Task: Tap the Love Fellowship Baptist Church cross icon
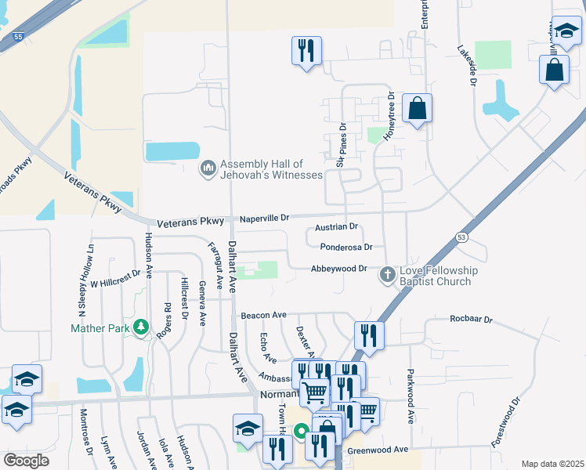tap(387, 275)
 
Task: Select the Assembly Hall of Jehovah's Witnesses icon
tap(208, 169)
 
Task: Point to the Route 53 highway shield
tap(461, 237)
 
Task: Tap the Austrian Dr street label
tap(336, 227)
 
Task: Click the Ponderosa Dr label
tap(345, 247)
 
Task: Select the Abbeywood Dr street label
tap(339, 269)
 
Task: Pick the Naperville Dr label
tap(264, 218)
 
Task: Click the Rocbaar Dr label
tap(471, 320)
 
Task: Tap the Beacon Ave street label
tap(263, 315)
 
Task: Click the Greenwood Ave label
tap(378, 450)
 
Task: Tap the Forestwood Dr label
tap(505, 422)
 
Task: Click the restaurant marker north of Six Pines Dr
tap(306, 51)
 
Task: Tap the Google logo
tap(26, 461)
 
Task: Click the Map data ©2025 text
tap(552, 464)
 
